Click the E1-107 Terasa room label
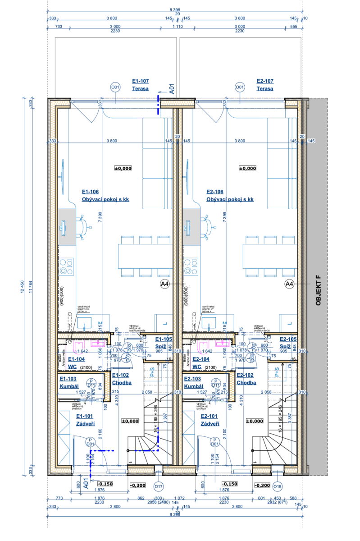point(140,85)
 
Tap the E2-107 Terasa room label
point(265,85)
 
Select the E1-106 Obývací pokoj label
point(105,195)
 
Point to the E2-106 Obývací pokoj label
point(230,195)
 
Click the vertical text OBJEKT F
point(318,291)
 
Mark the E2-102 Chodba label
point(246,379)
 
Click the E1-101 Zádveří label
point(85,420)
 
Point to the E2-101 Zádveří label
point(210,420)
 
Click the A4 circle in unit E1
point(165,284)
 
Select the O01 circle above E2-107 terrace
point(240,87)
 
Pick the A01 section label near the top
point(171,88)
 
